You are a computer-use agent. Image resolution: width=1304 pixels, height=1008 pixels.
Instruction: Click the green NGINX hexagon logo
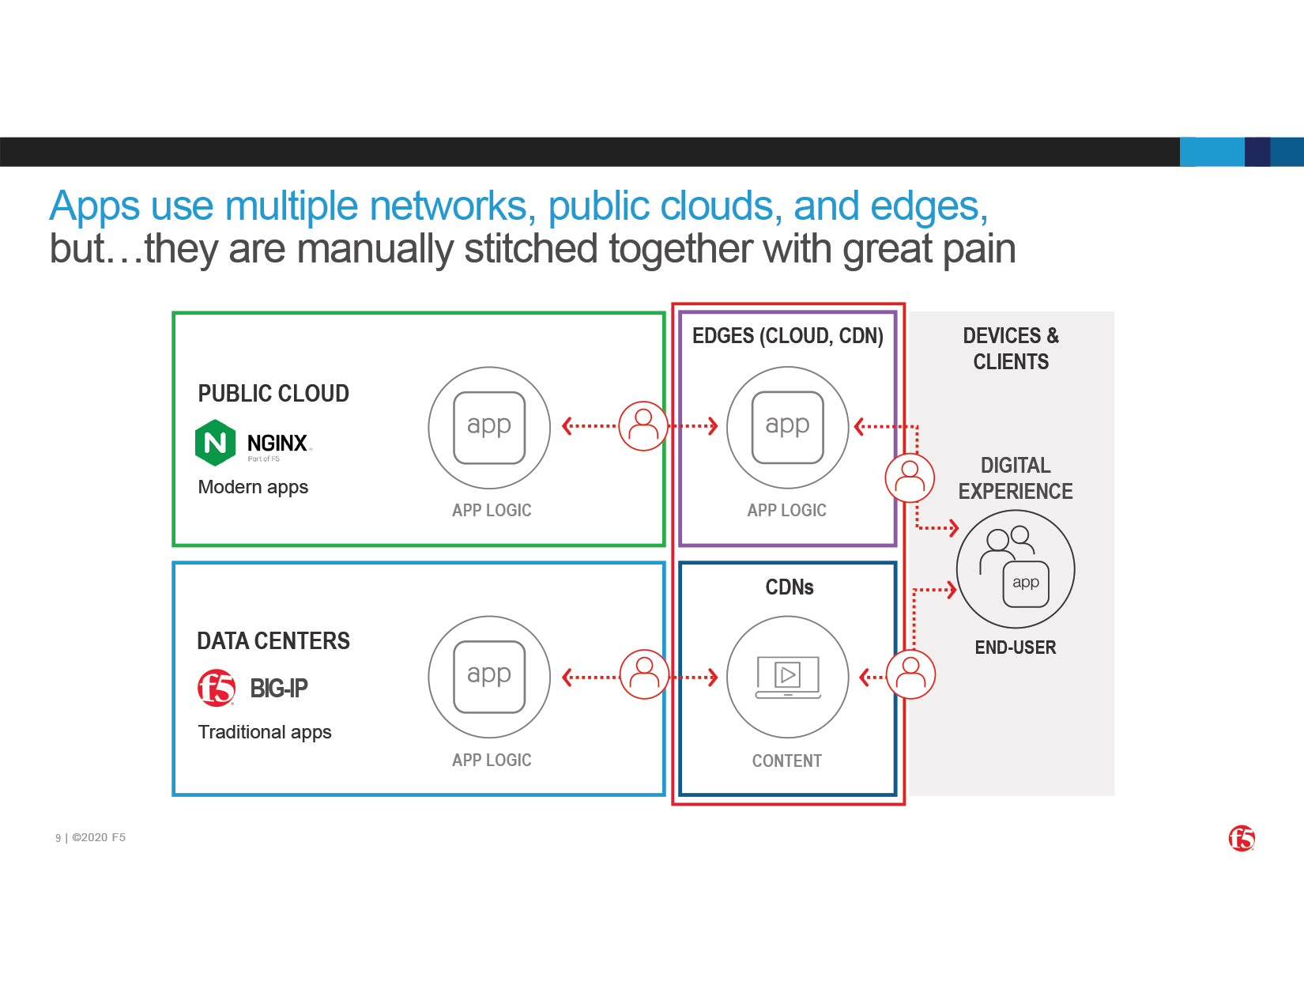coord(215,443)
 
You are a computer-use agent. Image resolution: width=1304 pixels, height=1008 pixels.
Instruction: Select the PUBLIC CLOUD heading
coord(273,393)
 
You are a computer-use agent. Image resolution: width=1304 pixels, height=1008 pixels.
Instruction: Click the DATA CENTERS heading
coord(273,640)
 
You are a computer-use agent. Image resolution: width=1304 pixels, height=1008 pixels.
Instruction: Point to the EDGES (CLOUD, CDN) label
coord(787,336)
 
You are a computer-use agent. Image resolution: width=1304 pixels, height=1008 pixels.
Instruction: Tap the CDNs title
coord(790,587)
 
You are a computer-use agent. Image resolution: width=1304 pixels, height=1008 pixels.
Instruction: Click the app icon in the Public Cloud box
coord(489,428)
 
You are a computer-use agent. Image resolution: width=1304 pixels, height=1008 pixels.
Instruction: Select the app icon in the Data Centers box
coord(489,677)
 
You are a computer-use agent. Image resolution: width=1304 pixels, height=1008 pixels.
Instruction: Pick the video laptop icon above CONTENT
coord(788,677)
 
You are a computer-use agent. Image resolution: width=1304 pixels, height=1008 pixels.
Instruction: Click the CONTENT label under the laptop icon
coord(786,761)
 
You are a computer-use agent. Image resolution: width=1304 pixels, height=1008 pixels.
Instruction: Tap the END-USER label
coord(1015,647)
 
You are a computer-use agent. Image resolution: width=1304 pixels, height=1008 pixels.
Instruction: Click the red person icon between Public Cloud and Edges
coord(643,425)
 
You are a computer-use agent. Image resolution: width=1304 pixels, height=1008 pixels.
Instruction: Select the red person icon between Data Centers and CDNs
coord(644,674)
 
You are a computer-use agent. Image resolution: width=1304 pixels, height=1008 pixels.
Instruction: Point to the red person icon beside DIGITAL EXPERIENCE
coord(910,478)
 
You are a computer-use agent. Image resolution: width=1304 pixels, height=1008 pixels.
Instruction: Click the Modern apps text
coord(253,487)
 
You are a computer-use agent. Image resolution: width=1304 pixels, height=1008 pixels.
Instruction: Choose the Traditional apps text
coord(265,732)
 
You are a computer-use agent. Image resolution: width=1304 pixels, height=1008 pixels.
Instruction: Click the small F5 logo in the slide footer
coord(1242,838)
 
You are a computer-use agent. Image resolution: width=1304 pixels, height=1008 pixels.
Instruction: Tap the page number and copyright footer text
coord(90,837)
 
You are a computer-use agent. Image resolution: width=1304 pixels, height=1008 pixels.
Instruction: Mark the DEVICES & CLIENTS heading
coord(1011,348)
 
